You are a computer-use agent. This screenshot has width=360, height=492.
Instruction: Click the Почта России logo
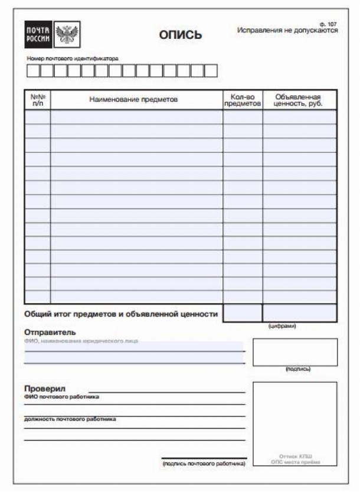[x=38, y=34]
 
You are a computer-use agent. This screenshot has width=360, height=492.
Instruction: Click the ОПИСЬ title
[x=181, y=35]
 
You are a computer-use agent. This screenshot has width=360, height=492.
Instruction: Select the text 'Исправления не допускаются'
[x=287, y=31]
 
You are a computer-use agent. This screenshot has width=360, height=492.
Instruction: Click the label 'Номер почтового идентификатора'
[x=73, y=58]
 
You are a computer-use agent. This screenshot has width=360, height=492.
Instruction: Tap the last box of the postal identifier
[x=210, y=71]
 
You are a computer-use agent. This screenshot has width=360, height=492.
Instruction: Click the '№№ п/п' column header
[x=38, y=100]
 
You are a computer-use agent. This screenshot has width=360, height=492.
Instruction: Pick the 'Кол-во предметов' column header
[x=243, y=100]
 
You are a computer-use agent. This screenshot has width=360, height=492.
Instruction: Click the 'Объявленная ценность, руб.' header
[x=299, y=100]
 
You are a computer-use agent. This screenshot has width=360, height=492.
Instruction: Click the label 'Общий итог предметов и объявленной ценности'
[x=122, y=314]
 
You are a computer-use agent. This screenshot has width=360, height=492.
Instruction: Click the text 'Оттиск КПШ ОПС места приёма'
[x=296, y=460]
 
